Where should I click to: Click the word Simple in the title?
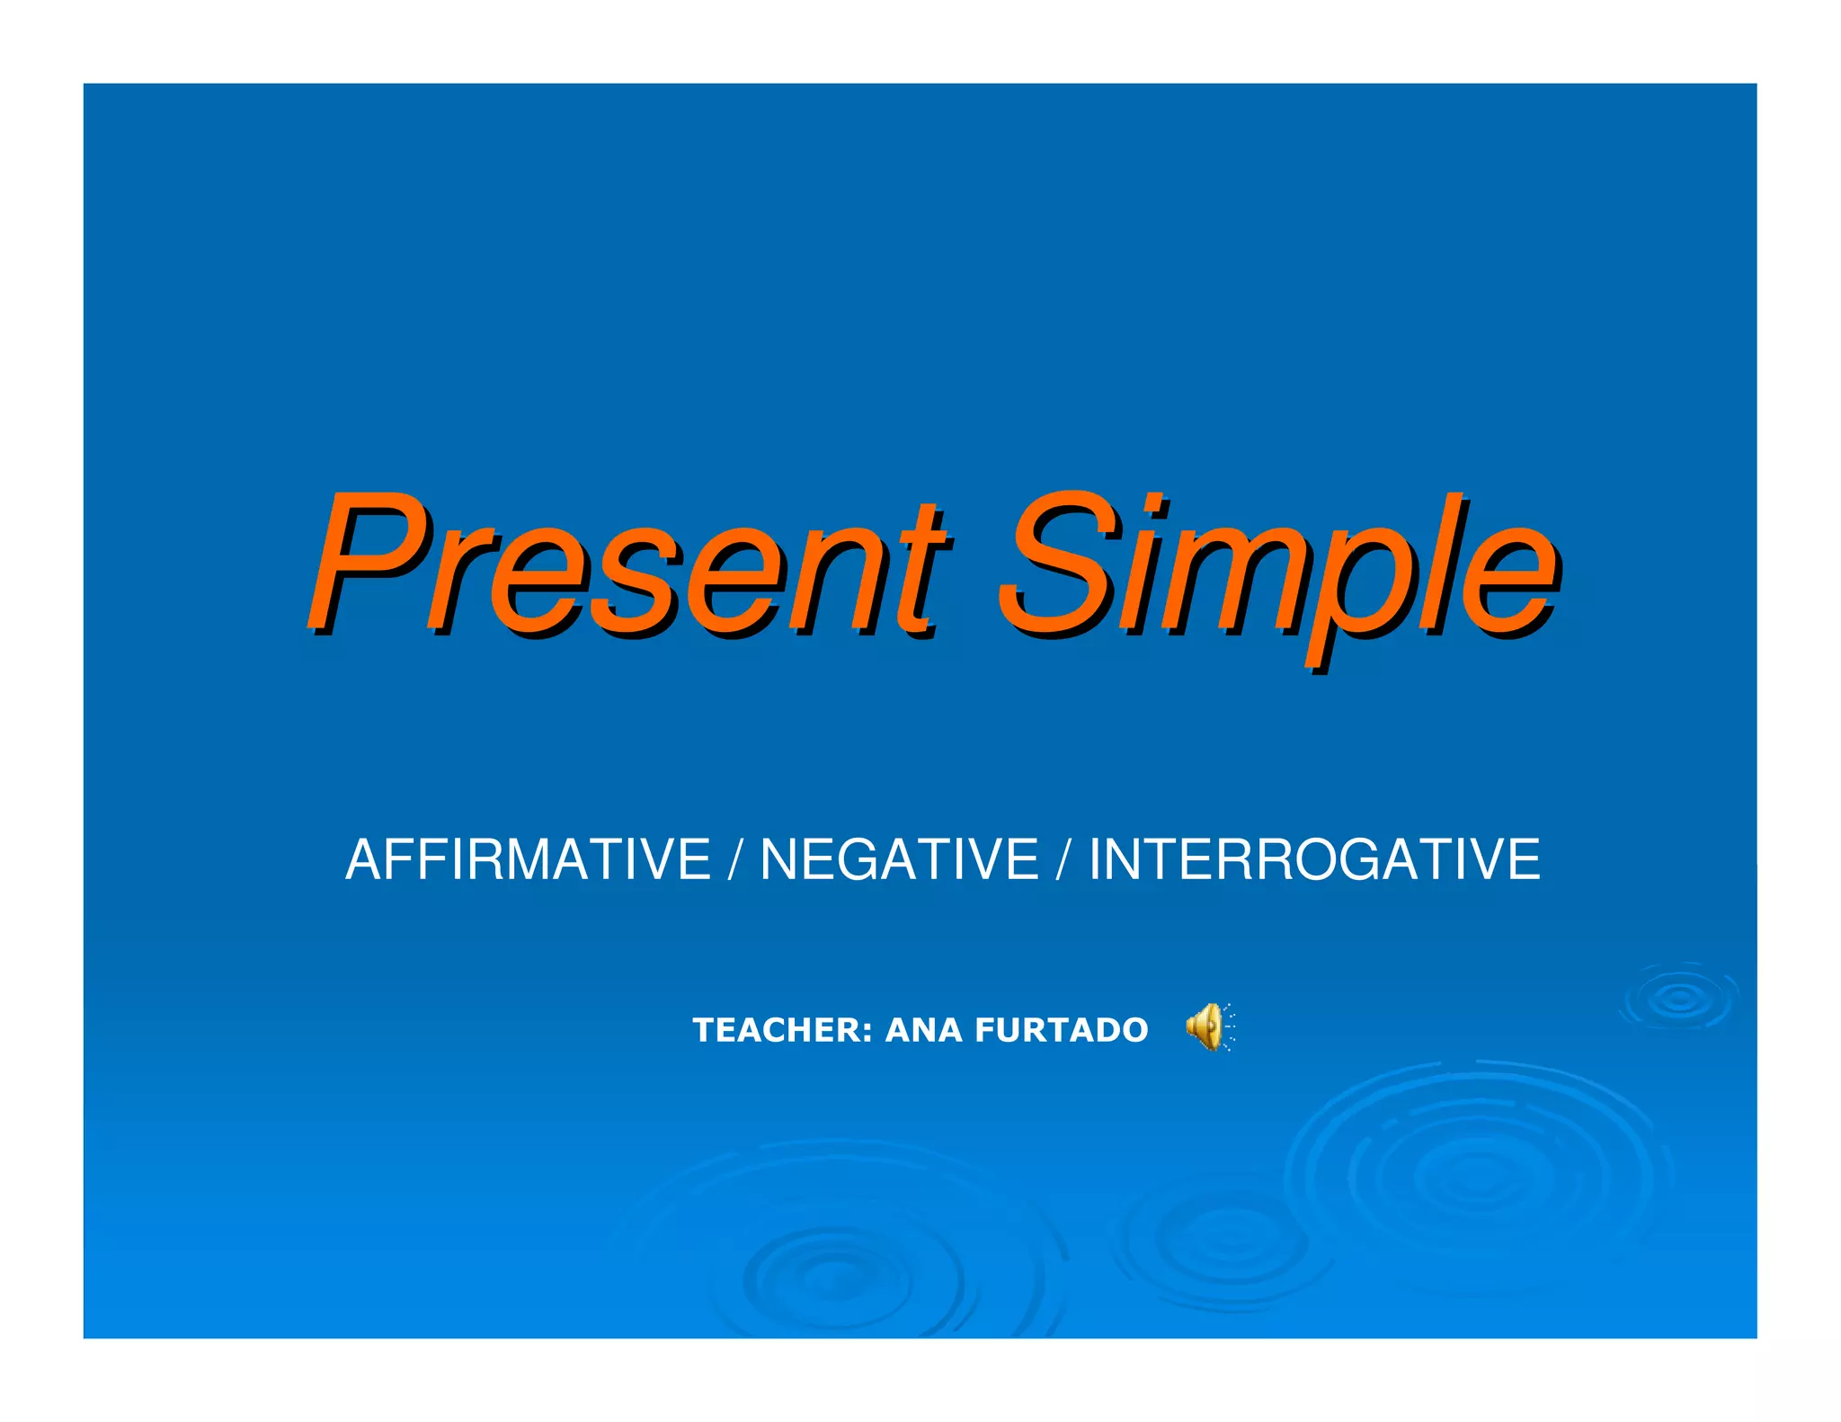click(1276, 564)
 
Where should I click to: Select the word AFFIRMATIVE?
click(529, 859)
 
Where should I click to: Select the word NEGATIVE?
click(900, 859)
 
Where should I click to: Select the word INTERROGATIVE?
click(1314, 859)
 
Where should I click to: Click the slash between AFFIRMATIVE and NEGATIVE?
click(735, 859)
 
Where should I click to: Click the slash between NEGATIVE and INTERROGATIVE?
click(1063, 859)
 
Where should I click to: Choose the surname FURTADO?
click(1061, 1030)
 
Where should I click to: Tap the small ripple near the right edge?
click(1678, 997)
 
